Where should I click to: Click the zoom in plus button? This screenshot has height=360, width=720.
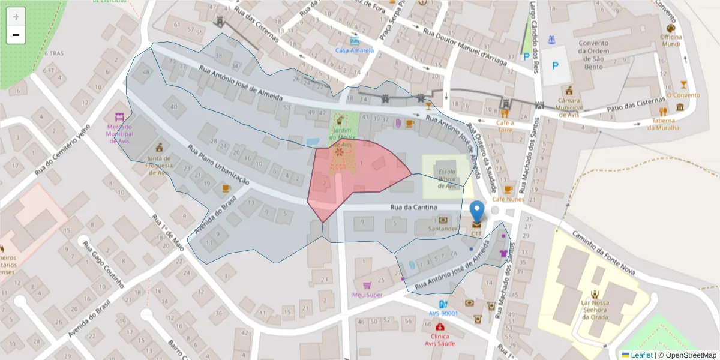(x=16, y=17)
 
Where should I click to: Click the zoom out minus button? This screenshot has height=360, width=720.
(x=16, y=35)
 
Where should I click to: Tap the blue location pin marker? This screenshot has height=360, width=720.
(x=477, y=213)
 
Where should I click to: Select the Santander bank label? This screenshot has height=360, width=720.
(x=443, y=229)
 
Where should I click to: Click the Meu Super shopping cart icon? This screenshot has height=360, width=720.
(x=367, y=285)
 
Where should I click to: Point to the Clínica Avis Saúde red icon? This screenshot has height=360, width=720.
(x=440, y=327)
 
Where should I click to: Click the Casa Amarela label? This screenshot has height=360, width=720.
(x=354, y=50)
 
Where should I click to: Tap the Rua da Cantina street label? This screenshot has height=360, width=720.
(x=412, y=207)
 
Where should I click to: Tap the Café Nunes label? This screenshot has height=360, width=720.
(x=508, y=199)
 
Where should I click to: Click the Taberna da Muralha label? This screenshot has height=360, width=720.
(x=662, y=124)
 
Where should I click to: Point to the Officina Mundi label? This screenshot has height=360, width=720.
(x=671, y=40)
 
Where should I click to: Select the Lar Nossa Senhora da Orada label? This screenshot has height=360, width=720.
(x=595, y=310)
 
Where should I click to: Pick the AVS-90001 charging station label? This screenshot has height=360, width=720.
(x=443, y=313)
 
